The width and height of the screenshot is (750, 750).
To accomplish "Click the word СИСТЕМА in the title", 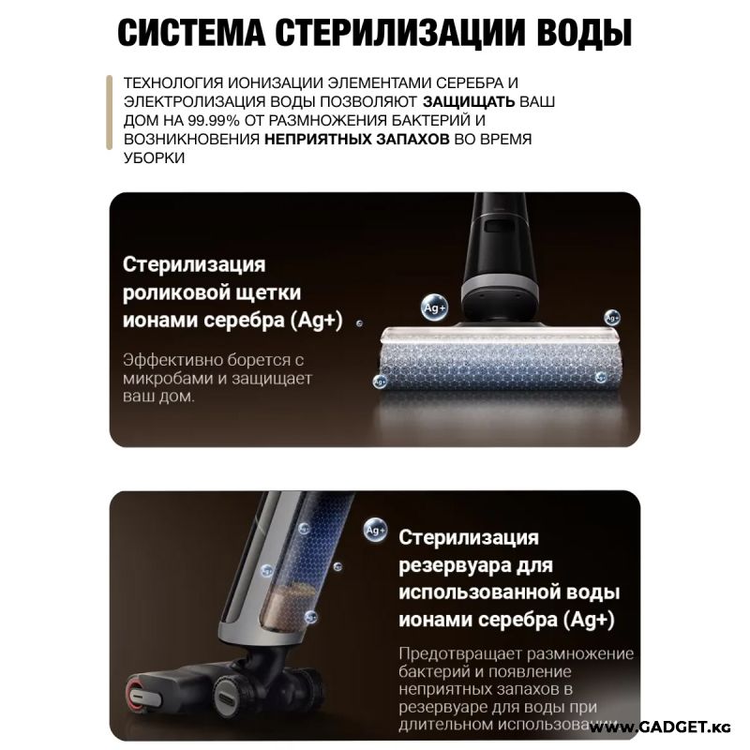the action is tap(191, 33).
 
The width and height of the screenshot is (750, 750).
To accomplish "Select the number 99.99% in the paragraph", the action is tap(214, 121).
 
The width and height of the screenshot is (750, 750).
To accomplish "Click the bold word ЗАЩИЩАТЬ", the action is tap(468, 101).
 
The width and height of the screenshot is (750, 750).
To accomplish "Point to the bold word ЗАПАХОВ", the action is tap(412, 139).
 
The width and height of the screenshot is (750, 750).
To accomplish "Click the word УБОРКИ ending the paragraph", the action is tap(154, 157).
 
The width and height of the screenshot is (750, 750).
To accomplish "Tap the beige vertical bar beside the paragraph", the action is tap(109, 112).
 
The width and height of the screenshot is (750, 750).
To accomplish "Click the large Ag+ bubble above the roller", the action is tap(434, 307).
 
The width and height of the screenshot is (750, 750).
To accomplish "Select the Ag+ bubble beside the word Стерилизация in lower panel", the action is tap(375, 530).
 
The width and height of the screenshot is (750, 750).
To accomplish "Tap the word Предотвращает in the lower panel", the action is tap(459, 653).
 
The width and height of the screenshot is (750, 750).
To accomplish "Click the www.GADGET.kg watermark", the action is tap(660, 727).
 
